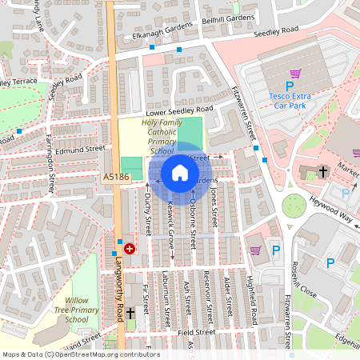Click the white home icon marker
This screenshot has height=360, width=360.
point(180,173)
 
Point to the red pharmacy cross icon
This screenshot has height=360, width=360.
point(129,250)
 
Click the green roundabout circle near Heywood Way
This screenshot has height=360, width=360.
point(294,206)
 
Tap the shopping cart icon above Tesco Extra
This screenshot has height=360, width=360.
point(295,74)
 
